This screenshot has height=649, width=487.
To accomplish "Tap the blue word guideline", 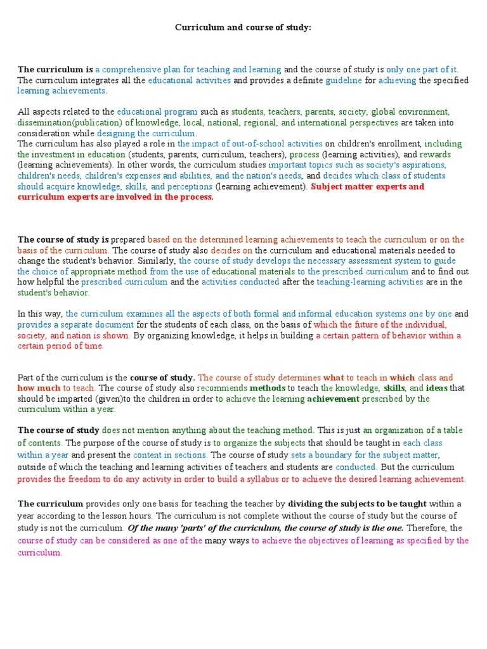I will (x=344, y=80).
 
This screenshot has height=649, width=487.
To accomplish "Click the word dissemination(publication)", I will (x=69, y=122).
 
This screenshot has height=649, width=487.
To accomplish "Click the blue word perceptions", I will (x=188, y=187).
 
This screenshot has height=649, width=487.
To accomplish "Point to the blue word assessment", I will (x=360, y=261).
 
